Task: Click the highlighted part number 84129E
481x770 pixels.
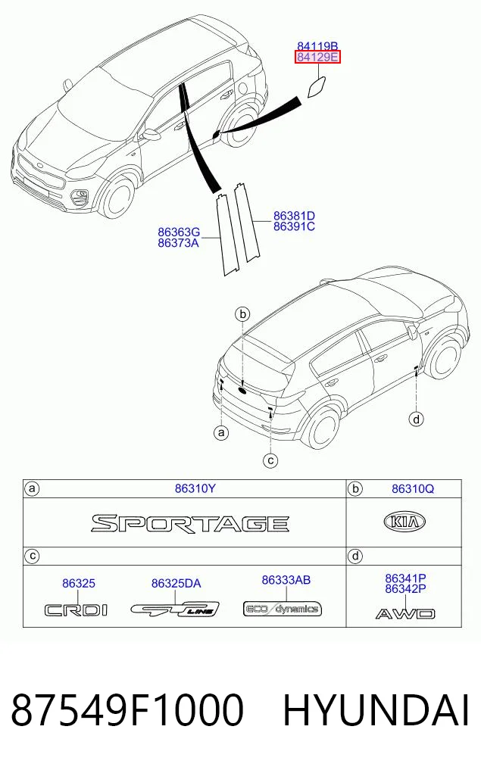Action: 317,58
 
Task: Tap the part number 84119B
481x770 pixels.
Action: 317,47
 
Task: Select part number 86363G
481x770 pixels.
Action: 179,232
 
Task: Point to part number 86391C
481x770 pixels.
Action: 295,226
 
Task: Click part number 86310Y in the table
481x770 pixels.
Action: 195,488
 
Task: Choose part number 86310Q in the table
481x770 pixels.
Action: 413,488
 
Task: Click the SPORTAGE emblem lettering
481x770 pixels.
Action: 190,523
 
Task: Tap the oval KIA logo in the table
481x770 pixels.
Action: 404,522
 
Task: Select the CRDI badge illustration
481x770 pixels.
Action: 77,610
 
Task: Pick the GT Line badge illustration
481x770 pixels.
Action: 176,609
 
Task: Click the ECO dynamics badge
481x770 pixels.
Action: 283,609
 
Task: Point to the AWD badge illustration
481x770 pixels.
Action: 405,613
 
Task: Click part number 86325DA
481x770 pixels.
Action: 176,584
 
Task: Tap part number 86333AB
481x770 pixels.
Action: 286,580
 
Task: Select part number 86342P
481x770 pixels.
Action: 405,589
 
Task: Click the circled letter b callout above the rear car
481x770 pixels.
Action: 242,313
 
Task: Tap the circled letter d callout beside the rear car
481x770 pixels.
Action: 417,419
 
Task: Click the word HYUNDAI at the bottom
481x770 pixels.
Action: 376,710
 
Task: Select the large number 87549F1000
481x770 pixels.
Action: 127,710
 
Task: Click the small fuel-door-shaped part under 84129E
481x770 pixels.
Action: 317,87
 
